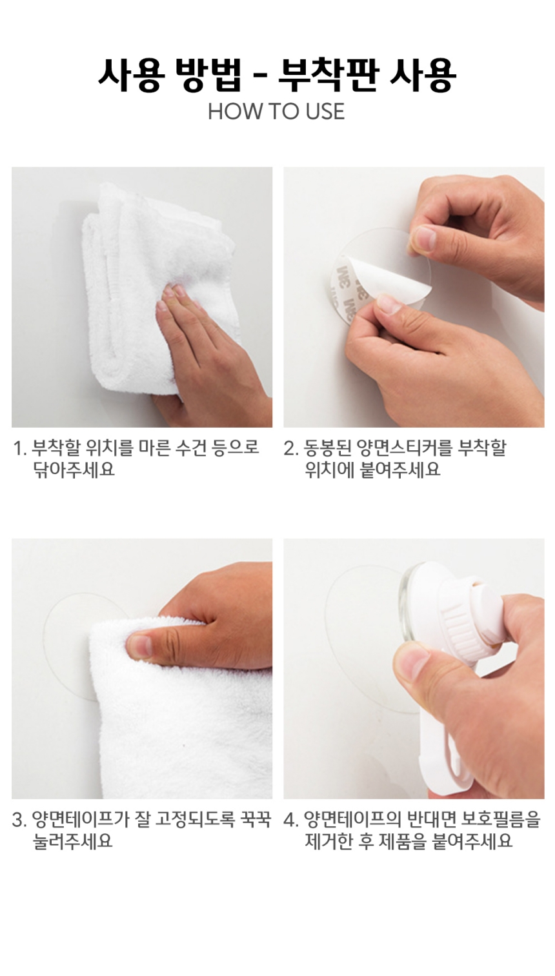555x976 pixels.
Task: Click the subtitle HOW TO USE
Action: tap(276, 112)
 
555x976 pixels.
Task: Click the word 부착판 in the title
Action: tap(328, 75)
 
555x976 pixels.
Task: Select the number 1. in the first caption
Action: tap(20, 448)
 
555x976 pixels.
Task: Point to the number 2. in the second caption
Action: tap(291, 448)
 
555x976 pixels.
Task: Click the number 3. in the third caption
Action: tap(19, 820)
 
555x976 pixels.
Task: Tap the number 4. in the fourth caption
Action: tap(291, 820)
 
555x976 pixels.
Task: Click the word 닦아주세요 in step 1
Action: tap(74, 470)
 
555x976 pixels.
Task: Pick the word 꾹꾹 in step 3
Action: tap(256, 820)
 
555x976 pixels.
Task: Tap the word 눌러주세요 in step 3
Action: tap(73, 841)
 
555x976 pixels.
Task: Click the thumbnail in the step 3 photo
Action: tap(139, 646)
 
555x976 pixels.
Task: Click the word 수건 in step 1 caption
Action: tap(191, 448)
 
